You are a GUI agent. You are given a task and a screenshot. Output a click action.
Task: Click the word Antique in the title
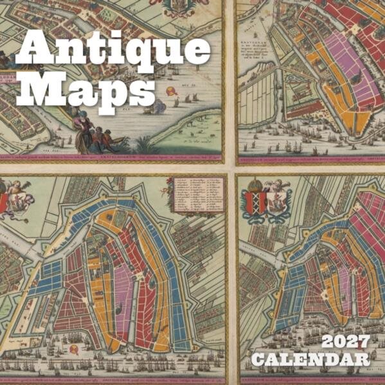(x=112, y=51)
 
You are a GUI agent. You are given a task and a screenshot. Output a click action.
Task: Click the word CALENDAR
(x=310, y=359)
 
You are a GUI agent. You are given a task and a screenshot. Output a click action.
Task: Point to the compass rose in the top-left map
(x=172, y=91)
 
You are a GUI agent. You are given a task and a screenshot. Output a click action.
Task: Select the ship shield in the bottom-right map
(x=278, y=201)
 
